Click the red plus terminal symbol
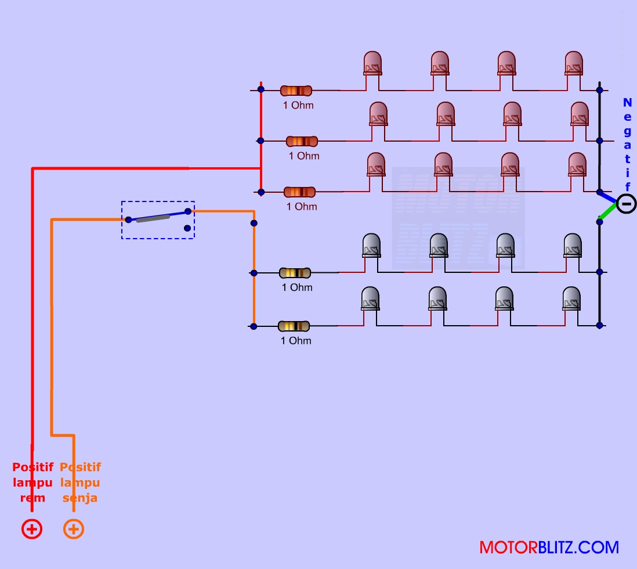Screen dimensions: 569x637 pyautogui.click(x=32, y=529)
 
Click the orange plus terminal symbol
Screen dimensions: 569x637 pyautogui.click(x=74, y=529)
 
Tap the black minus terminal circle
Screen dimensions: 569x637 pyautogui.click(x=626, y=204)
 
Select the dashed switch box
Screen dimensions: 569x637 pyautogui.click(x=158, y=219)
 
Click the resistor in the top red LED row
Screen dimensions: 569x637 pyautogui.click(x=296, y=91)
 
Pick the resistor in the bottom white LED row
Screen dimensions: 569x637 pyautogui.click(x=294, y=326)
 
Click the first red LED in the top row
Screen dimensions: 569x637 pyautogui.click(x=372, y=63)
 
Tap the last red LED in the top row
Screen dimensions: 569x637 pyautogui.click(x=574, y=63)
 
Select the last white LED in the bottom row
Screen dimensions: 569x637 pyautogui.click(x=572, y=298)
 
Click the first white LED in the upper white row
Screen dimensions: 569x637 pyautogui.click(x=371, y=246)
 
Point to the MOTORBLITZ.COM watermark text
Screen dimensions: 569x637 pyautogui.click(x=549, y=548)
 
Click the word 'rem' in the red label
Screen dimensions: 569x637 pyautogui.click(x=32, y=498)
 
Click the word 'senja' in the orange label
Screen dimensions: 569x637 pyautogui.click(x=80, y=498)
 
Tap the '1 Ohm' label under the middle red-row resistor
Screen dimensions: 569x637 pyautogui.click(x=304, y=156)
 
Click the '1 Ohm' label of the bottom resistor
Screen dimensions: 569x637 pyautogui.click(x=296, y=341)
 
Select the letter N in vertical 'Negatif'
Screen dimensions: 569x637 pyautogui.click(x=627, y=103)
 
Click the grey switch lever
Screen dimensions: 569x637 pyautogui.click(x=153, y=218)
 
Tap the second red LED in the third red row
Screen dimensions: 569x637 pyautogui.click(x=443, y=165)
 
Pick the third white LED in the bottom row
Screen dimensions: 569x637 pyautogui.click(x=504, y=298)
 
